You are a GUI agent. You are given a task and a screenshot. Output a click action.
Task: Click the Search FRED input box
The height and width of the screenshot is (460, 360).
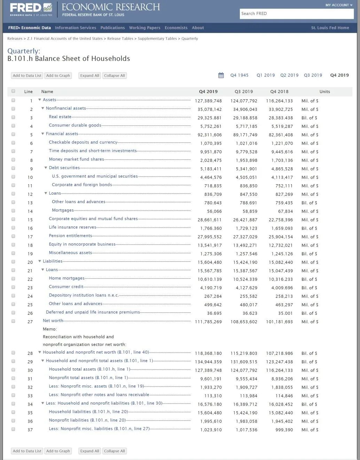[297, 14]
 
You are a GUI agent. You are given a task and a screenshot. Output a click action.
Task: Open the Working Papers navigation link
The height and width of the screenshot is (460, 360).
[144, 28]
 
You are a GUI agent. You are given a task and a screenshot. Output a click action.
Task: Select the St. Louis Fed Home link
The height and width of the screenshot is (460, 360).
[330, 28]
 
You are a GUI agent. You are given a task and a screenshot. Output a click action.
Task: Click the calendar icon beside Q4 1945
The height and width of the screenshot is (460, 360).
[221, 75]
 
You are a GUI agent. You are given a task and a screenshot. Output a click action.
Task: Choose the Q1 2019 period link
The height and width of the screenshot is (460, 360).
[266, 75]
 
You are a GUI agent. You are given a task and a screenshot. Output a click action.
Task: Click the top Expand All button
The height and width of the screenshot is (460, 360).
[89, 76]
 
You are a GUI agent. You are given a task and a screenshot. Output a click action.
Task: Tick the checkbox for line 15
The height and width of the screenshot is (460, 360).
[13, 219]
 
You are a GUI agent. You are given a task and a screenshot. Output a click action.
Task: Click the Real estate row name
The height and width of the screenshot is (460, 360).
[60, 117]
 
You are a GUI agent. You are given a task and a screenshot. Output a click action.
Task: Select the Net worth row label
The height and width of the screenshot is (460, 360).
[53, 321]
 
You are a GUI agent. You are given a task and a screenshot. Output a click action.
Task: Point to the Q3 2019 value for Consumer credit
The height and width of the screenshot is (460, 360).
[246, 288]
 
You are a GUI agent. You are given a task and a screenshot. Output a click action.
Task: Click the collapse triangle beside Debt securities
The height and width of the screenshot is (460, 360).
[46, 168]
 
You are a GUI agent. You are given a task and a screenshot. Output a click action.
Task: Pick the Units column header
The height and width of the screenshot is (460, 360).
[324, 92]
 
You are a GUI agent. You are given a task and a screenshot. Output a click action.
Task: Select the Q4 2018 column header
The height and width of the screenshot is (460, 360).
[279, 92]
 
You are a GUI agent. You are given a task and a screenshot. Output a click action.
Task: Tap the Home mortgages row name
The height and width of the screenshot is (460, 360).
[66, 278]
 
